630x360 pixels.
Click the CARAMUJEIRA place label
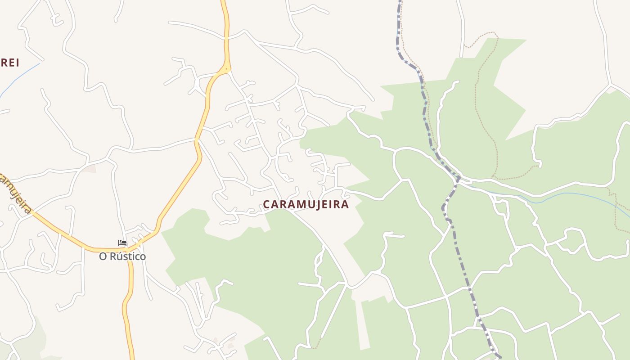306,204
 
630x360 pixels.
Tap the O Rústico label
122,256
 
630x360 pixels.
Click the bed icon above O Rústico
122,243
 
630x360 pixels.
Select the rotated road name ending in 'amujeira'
16,193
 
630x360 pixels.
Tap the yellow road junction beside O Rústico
127,249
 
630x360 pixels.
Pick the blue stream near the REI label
20,76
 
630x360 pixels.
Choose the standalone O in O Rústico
103,256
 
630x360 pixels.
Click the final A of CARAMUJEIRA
345,204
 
